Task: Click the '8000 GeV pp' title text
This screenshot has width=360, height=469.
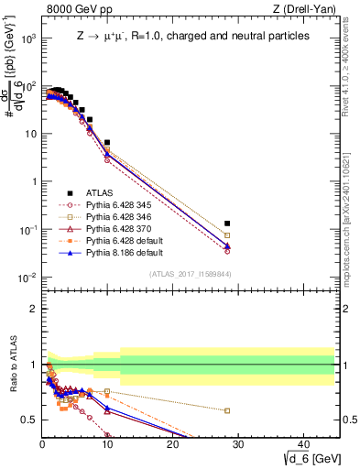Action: click(75, 9)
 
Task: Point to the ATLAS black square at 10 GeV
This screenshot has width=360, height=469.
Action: click(107, 143)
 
